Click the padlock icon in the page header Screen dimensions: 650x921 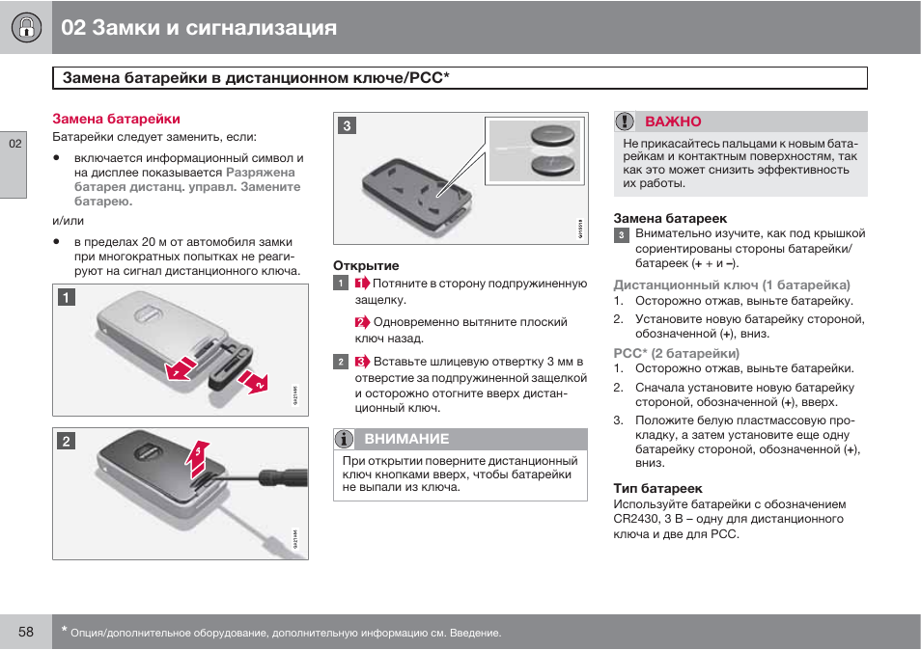(24, 28)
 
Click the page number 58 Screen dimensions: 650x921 (25, 632)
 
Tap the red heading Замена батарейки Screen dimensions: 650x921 (116, 119)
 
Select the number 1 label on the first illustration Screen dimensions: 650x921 (65, 298)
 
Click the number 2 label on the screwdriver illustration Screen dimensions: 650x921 (65, 441)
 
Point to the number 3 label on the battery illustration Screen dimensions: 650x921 (347, 124)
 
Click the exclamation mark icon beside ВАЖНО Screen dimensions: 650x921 (627, 122)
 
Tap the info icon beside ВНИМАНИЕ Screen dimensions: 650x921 (345, 439)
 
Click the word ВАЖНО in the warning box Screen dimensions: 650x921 (673, 122)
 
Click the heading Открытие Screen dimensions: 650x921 (366, 265)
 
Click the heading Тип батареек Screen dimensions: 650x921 (657, 488)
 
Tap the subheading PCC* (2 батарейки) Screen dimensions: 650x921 (677, 353)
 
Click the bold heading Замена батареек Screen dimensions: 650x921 (670, 218)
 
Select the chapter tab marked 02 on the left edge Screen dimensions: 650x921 (14, 144)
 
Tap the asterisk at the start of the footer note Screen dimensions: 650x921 (64, 630)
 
